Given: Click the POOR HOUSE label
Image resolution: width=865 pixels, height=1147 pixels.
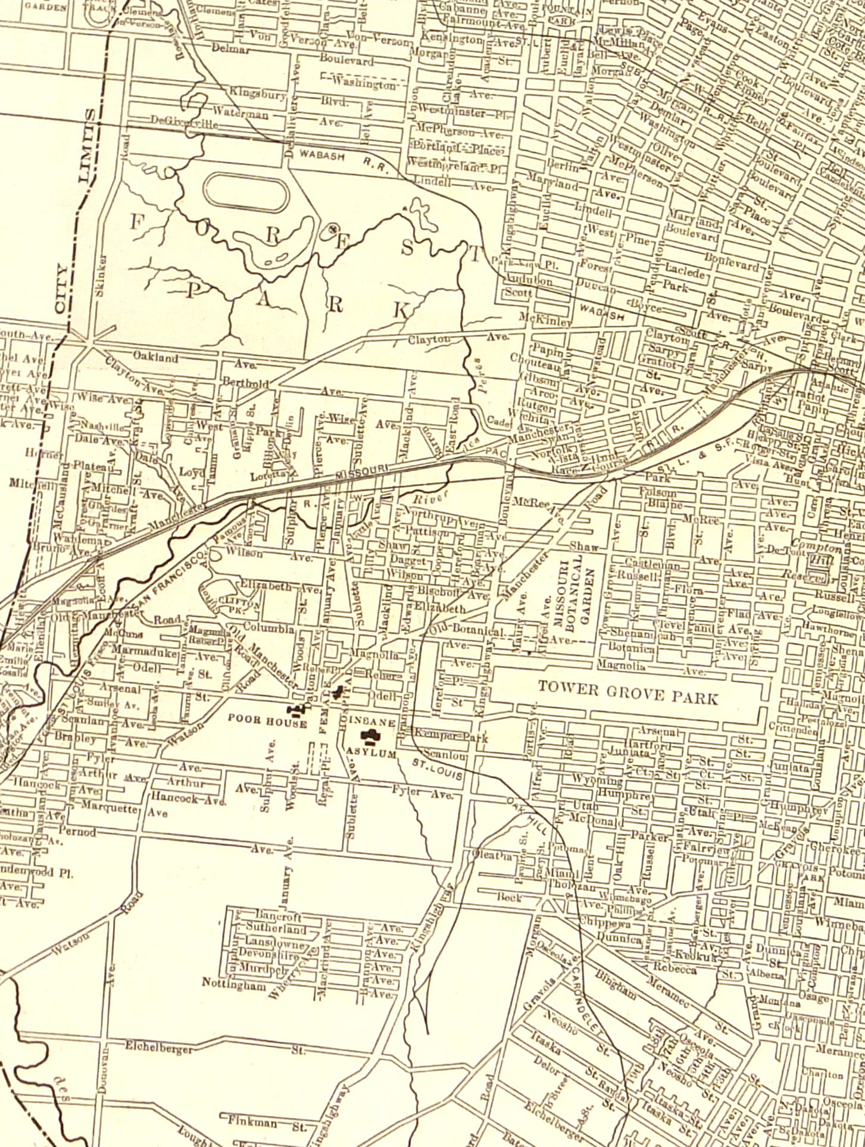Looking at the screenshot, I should (x=267, y=723).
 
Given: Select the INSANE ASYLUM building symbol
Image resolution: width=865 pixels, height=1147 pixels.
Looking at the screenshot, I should (x=372, y=737).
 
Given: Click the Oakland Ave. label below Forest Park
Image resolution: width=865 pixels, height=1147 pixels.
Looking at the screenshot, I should (x=155, y=357).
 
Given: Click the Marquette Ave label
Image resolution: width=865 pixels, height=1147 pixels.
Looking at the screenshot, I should (x=110, y=809).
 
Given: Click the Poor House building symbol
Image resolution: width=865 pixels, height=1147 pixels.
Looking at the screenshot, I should (x=296, y=708).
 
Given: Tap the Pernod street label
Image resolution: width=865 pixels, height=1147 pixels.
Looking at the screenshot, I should (x=77, y=831).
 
